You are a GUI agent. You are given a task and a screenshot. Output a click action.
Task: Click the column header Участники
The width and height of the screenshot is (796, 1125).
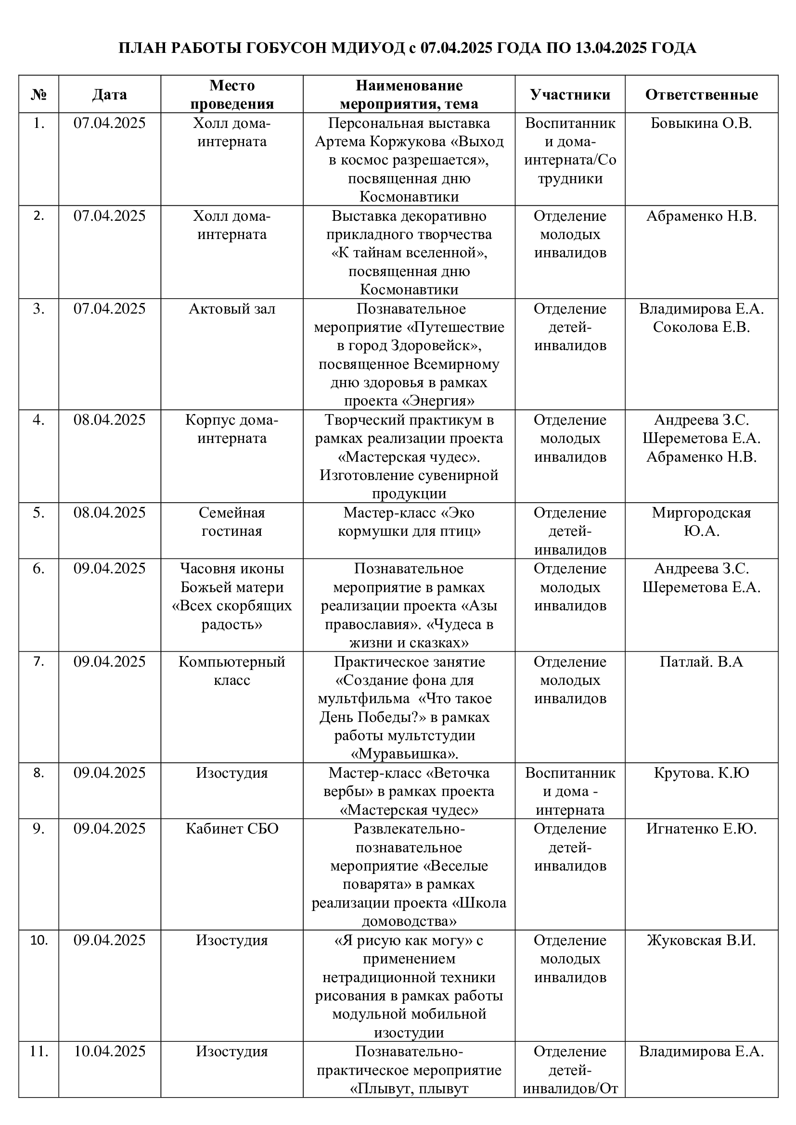pos(570,95)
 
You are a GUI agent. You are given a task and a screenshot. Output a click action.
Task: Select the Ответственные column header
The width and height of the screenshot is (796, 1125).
pos(701,95)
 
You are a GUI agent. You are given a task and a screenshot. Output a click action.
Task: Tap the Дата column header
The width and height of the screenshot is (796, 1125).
pos(109,95)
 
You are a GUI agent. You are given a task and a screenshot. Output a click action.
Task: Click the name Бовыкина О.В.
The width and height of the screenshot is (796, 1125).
pos(701,124)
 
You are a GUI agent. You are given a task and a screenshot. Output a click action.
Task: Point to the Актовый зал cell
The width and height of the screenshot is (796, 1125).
pos(232,309)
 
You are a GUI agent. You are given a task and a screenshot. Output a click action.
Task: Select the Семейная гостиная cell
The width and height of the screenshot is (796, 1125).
pos(232,522)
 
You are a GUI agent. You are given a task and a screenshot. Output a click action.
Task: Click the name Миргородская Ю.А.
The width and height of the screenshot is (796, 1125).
pos(701,522)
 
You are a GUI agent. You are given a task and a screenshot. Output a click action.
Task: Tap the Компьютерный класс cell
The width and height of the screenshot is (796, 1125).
pos(232,671)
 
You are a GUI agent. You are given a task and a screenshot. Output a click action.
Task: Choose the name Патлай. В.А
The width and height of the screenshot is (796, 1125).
pos(701,662)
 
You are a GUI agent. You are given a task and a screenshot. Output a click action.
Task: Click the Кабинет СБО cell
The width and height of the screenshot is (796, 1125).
pos(232,829)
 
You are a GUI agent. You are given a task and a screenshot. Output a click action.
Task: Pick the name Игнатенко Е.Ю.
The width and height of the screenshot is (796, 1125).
pos(701,829)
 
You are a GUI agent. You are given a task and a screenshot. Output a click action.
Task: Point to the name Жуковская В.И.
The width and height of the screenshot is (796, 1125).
pos(701,940)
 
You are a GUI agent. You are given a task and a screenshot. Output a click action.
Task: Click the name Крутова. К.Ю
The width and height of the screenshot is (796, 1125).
pos(701,773)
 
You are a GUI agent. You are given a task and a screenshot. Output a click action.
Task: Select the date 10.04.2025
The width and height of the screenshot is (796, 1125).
pos(109,1051)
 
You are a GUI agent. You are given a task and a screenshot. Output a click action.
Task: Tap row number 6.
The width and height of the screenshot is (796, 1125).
pos(39,569)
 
